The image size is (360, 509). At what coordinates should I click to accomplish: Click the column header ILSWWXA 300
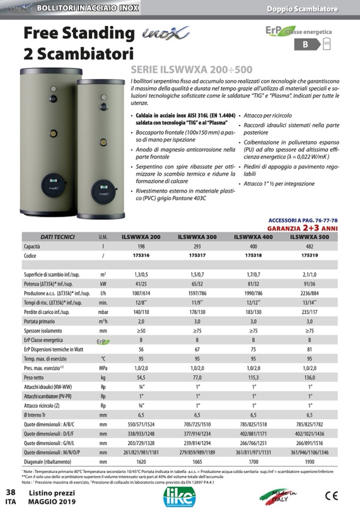(197, 237)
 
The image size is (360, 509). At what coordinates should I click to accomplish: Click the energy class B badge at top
(305, 45)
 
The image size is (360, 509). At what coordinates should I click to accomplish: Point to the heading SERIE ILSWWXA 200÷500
(191, 70)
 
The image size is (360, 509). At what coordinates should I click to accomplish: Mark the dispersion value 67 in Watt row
(197, 349)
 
